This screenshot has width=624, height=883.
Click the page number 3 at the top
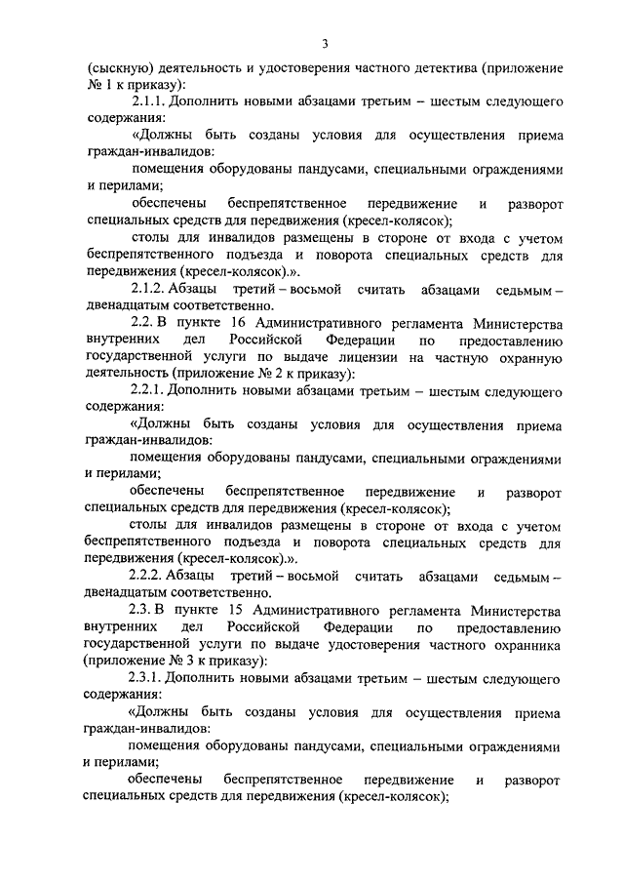[x=325, y=43]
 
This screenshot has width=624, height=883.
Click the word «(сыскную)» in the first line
[x=120, y=70]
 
